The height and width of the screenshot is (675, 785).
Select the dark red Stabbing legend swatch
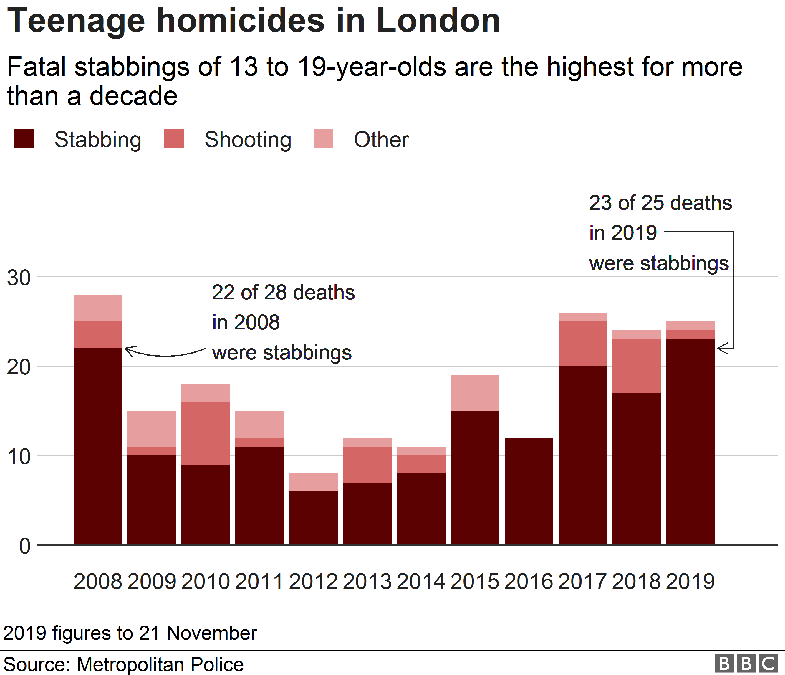pyautogui.click(x=24, y=138)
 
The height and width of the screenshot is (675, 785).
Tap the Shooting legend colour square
pyautogui.click(x=174, y=138)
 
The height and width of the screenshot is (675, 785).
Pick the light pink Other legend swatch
pyautogui.click(x=323, y=138)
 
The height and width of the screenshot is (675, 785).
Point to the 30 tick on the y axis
pyautogui.click(x=19, y=278)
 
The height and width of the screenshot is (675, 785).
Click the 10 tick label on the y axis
pyautogui.click(x=19, y=457)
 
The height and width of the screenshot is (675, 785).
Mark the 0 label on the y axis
pyautogui.click(x=25, y=546)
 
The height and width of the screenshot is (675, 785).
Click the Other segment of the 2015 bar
pyautogui.click(x=475, y=393)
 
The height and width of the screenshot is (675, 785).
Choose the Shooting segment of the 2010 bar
pyautogui.click(x=206, y=433)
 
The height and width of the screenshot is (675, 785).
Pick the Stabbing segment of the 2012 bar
pyautogui.click(x=313, y=518)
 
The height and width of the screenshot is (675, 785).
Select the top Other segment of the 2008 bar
pyautogui.click(x=98, y=308)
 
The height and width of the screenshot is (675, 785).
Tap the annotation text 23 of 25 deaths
pyautogui.click(x=660, y=203)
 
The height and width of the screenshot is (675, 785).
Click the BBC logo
pyautogui.click(x=746, y=664)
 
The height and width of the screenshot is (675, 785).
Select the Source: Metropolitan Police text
pyautogui.click(x=123, y=664)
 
